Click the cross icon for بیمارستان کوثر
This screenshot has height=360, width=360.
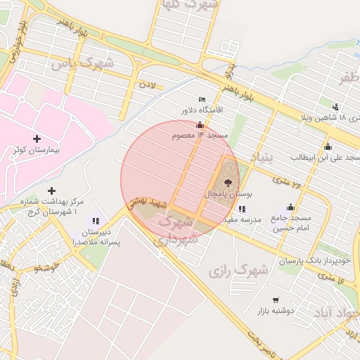pyautogui.click(x=37, y=139)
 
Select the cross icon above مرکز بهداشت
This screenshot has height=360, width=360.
pyautogui.click(x=51, y=191)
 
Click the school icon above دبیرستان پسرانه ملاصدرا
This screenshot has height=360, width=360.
pyautogui.click(x=96, y=221)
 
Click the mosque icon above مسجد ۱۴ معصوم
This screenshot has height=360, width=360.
pyautogui.click(x=200, y=124)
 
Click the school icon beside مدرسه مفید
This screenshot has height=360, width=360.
pyautogui.click(x=242, y=209)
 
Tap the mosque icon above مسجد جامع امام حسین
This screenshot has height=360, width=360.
pyautogui.click(x=291, y=207)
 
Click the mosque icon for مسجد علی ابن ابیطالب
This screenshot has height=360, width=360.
pyautogui.click(x=328, y=146)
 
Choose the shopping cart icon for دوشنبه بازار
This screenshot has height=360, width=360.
pyautogui.click(x=275, y=300)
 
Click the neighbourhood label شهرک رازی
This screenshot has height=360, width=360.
pyautogui.click(x=239, y=270)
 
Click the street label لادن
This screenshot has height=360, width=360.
pyautogui.click(x=146, y=85)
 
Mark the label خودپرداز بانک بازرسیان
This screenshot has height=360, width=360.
pyautogui.click(x=314, y=261)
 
